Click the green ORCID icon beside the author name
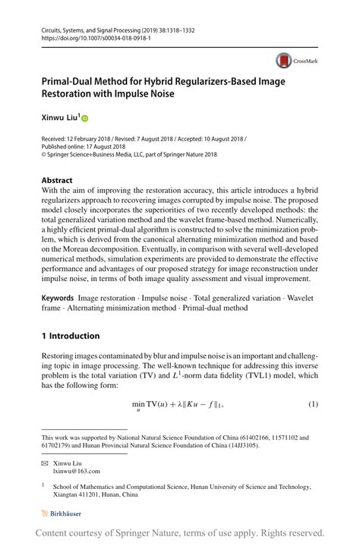[x=85, y=118]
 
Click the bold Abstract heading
[x=58, y=181]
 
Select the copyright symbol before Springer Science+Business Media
[x=45, y=154]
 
